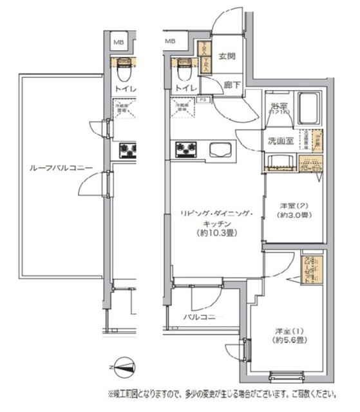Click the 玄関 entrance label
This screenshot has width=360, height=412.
click(x=226, y=56)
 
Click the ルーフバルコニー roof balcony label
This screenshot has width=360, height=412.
click(x=61, y=169)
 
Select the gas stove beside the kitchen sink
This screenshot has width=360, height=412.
click(x=187, y=151)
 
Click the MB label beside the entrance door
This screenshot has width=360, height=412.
click(x=171, y=41)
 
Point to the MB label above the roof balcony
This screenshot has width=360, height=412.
click(x=118, y=42)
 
